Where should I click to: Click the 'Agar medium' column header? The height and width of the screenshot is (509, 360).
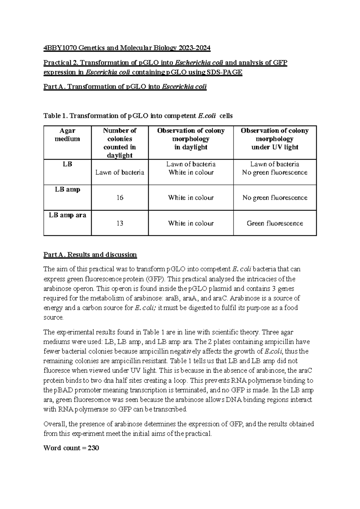point(67,135)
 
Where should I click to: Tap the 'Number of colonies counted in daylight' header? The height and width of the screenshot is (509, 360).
point(119,143)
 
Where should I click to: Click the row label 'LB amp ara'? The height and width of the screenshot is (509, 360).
point(67,215)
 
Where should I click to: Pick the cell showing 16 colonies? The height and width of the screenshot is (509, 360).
point(120,198)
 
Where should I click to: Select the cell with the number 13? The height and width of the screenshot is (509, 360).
point(120,223)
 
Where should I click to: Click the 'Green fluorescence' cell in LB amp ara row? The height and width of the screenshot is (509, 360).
point(274,223)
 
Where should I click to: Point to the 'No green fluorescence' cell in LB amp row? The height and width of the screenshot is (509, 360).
point(274,198)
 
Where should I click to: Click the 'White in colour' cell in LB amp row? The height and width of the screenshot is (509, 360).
point(191,198)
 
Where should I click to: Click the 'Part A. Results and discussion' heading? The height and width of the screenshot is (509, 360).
point(90,255)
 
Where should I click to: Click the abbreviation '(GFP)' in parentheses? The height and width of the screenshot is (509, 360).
point(156,279)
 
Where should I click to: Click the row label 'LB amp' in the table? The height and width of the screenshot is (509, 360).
point(67,190)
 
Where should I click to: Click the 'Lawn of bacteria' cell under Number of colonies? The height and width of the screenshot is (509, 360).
point(120,173)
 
